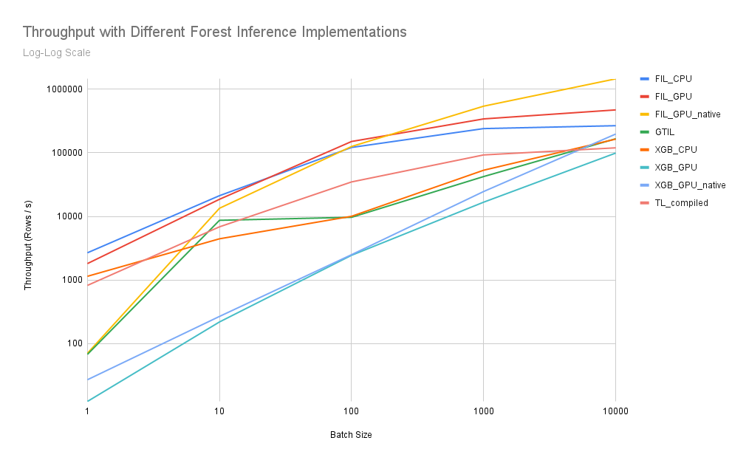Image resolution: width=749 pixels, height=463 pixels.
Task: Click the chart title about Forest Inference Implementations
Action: point(214,32)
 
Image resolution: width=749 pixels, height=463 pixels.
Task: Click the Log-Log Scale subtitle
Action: point(57,52)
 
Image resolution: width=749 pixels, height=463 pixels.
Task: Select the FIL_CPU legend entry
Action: point(673,79)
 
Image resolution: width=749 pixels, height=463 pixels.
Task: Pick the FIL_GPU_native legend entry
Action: point(687,114)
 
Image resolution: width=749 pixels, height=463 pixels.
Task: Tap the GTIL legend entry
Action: point(665,132)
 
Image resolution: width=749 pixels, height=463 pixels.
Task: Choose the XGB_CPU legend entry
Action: point(675,150)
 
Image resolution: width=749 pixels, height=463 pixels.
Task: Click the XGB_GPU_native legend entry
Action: point(690,185)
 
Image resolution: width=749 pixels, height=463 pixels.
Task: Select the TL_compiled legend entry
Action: point(681,203)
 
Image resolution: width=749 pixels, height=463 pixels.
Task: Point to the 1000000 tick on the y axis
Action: point(64,89)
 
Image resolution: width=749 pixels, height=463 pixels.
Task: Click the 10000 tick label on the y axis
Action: point(68,216)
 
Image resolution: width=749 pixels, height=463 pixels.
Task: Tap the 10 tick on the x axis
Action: point(219,411)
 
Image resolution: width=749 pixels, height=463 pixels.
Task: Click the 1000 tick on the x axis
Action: point(483,411)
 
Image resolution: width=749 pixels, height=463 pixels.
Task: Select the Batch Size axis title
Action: point(351,435)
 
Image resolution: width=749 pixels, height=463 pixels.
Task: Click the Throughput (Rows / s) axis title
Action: point(28,244)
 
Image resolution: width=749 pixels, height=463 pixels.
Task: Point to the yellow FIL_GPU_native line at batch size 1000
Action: point(483,106)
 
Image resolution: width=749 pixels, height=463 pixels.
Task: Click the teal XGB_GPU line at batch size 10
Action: point(219,322)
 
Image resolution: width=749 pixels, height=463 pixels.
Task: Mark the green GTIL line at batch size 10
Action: point(219,220)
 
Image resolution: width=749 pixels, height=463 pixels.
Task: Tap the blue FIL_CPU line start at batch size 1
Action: point(88,253)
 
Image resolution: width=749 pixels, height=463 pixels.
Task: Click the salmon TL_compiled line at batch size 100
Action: point(351,182)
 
